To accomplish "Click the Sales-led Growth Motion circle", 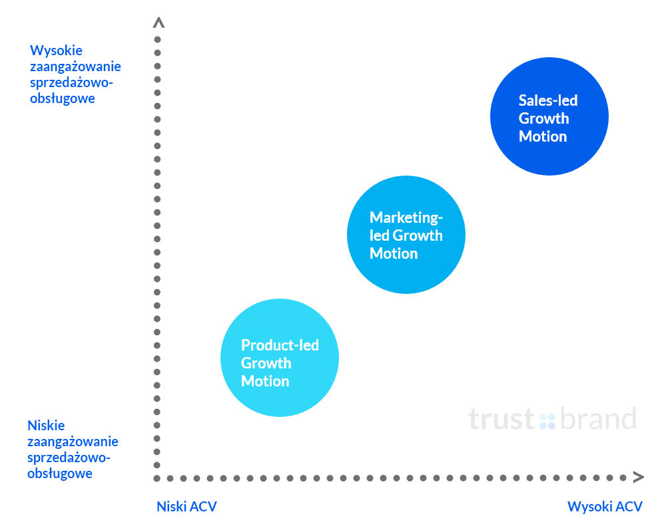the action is (549, 116).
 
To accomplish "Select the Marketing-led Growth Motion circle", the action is (406, 235).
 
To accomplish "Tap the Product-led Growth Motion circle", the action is (280, 358).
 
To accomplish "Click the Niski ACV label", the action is (187, 506).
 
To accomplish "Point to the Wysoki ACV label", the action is (605, 506).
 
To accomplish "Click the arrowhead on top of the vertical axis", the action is (159, 23).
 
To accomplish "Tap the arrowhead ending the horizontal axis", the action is (639, 477).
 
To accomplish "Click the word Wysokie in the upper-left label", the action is (56, 51).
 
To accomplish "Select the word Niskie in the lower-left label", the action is (47, 425).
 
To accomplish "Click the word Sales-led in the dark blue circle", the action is (548, 100).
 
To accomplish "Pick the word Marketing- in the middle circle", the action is (406, 217).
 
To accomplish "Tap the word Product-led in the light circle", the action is (280, 345).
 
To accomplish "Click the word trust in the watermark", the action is (501, 419).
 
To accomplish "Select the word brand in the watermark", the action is (599, 418).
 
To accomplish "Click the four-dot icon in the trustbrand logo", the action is (547, 421).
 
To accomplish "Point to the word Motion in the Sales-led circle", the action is (543, 136).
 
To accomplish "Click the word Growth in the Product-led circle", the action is (266, 363).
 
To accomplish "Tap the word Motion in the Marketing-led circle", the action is (394, 253).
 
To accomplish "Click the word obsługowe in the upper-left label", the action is (63, 98).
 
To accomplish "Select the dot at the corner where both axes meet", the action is (157, 478).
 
